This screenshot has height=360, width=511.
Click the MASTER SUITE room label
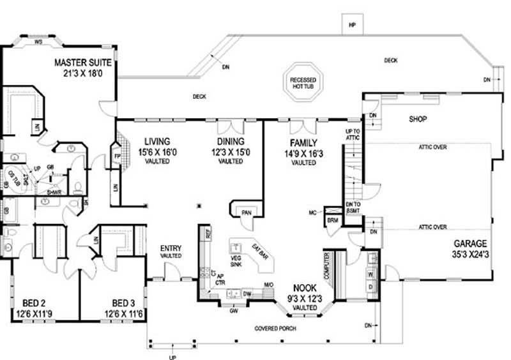pos(83,63)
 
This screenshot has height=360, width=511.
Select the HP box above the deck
pos(351,25)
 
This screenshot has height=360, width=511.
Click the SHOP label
pos(417,119)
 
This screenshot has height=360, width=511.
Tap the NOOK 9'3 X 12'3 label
pos(304,289)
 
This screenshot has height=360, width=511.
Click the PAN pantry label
pos(245,212)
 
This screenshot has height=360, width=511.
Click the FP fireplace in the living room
pos(116,156)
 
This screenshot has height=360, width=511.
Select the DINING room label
pos(230,142)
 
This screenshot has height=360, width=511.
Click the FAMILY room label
pos(303,143)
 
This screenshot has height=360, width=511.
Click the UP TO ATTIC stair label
pos(353,135)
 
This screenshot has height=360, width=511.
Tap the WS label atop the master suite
pos(38,42)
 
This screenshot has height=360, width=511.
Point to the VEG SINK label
pos(236,260)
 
